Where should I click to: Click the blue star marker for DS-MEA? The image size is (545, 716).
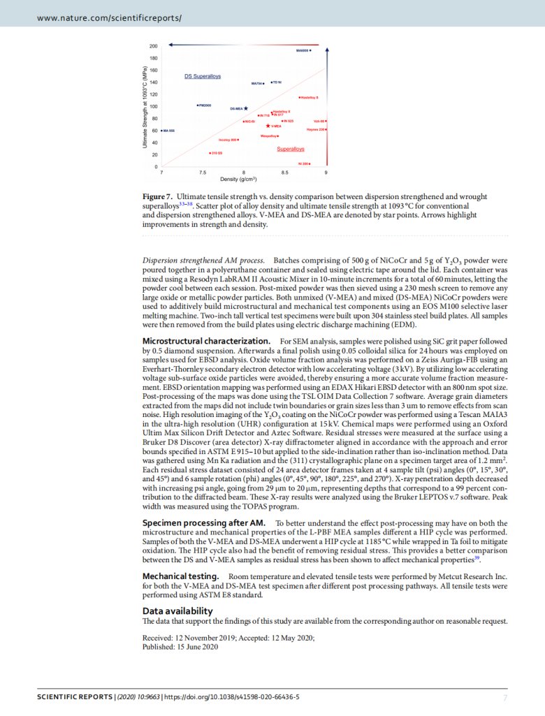245,108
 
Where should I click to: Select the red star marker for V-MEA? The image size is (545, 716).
268,126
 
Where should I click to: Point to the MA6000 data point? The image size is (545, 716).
310,50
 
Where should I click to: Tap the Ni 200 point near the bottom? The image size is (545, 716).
309,163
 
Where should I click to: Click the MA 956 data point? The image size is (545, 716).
162,131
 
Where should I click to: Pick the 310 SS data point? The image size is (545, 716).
210,152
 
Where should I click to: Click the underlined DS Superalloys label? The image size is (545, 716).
203,75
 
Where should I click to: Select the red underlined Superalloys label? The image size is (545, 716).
290,149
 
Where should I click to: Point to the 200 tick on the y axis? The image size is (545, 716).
152,46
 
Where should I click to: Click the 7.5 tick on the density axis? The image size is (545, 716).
203,172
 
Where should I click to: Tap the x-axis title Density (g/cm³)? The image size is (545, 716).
244,180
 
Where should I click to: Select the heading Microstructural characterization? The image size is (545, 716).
207,340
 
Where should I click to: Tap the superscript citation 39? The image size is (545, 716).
477,557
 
